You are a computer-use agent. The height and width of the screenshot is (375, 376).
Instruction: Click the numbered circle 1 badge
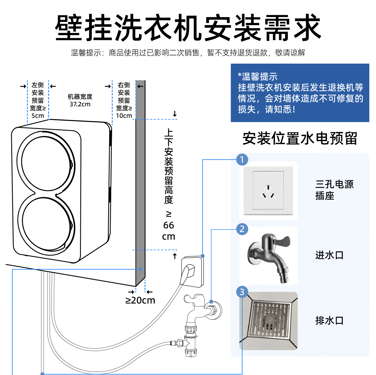click(x=242, y=160)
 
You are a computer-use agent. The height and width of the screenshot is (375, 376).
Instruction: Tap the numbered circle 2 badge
click(x=242, y=229)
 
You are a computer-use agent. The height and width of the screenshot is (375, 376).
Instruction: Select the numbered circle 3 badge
click(x=242, y=292)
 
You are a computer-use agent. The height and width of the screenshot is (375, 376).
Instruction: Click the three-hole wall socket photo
click(x=268, y=190)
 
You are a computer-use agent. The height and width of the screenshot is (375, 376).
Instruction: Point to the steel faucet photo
click(x=268, y=256)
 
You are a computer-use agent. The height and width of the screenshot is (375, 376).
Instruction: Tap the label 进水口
click(x=329, y=255)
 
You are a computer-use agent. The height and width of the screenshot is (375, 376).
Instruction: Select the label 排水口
click(x=329, y=320)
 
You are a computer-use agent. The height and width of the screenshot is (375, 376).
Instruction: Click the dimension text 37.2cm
click(x=80, y=105)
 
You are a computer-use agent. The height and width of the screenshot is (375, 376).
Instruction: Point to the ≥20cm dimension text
click(x=140, y=300)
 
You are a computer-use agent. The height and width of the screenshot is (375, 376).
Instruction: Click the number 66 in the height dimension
click(x=169, y=225)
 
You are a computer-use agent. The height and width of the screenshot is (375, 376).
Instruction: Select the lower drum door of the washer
click(x=46, y=224)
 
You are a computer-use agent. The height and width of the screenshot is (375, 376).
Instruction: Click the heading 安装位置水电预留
click(x=300, y=139)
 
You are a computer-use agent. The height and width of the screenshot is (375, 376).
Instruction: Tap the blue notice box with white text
click(x=300, y=93)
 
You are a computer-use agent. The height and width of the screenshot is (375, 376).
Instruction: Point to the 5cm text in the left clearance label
click(x=38, y=116)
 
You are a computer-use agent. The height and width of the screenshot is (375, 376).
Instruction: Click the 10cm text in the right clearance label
click(x=124, y=116)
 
